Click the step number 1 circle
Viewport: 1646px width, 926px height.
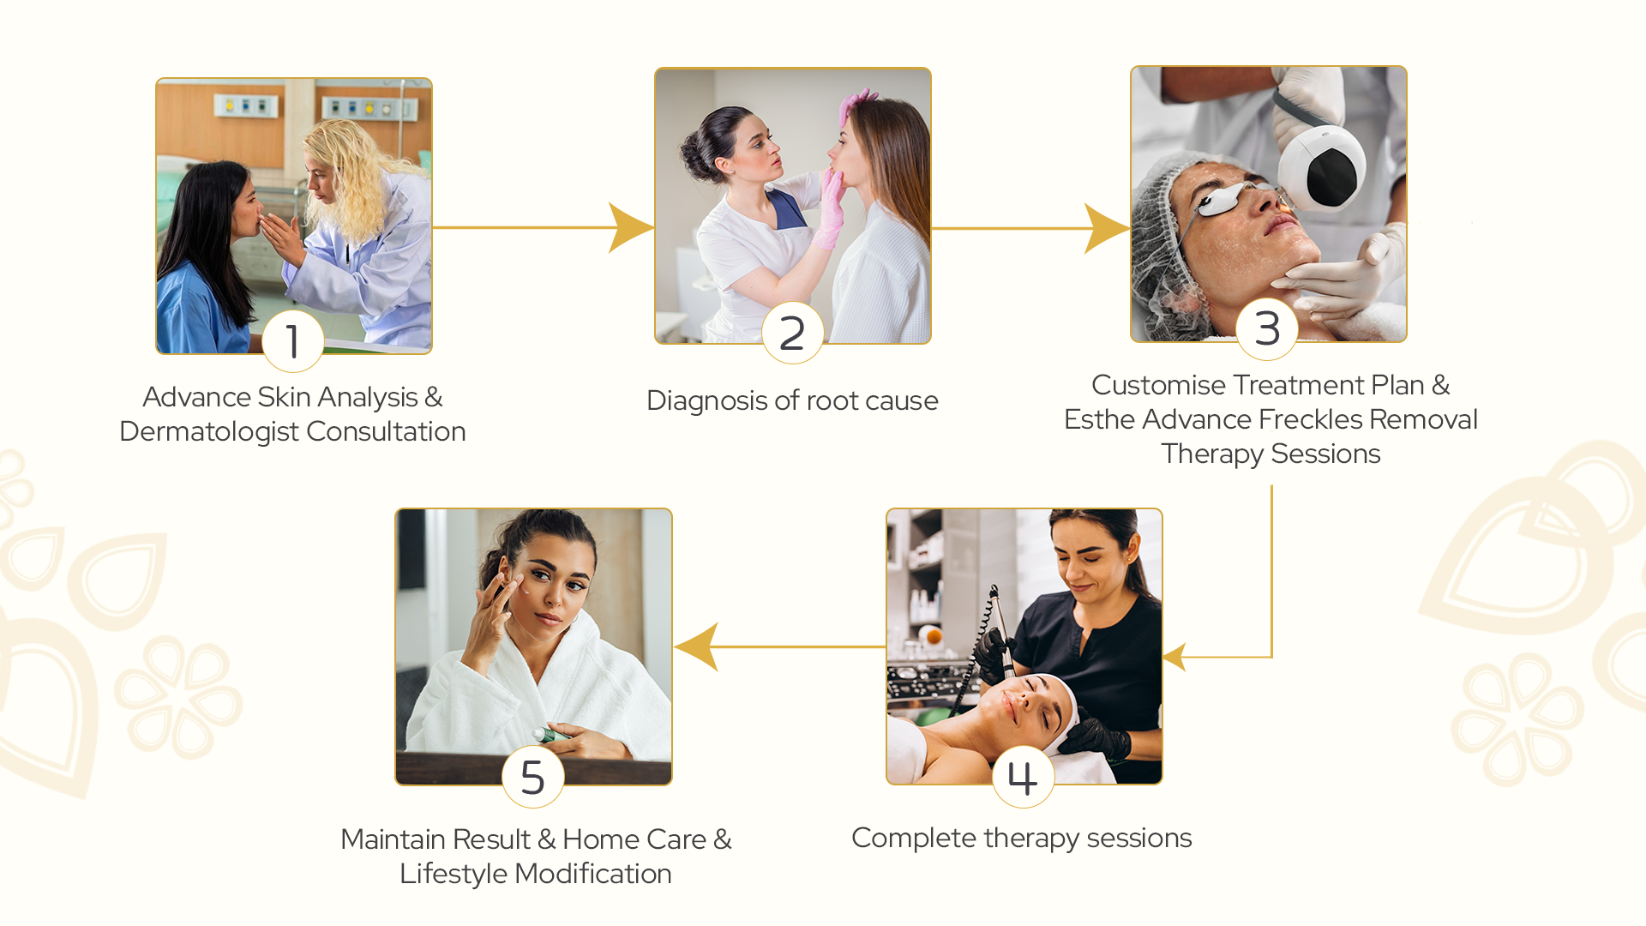(293, 341)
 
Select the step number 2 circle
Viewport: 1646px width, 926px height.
(793, 333)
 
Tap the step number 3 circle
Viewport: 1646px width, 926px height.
(1267, 329)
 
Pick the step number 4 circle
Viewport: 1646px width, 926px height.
(1023, 777)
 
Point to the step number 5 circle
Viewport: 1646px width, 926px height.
(533, 777)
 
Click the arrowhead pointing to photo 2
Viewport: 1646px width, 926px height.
(631, 227)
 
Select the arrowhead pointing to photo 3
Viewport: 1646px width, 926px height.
(1107, 228)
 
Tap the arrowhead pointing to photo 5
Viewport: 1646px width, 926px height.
(696, 646)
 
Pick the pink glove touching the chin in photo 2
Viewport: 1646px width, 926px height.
(830, 209)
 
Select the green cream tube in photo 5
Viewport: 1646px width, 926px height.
(550, 735)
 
